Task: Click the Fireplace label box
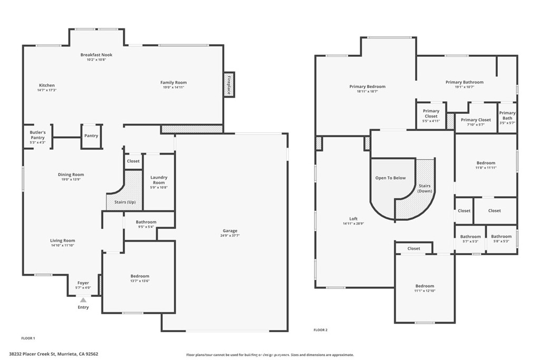coord(229,85)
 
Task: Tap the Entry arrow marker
coord(83,300)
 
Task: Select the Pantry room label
coord(91,135)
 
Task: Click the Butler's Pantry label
coord(37,135)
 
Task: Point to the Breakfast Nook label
coord(96,55)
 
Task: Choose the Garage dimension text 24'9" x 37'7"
coord(230,236)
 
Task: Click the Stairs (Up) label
coord(125,202)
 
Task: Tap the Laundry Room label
coord(159,180)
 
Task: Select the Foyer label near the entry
coord(83,283)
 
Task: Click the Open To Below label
coord(390,178)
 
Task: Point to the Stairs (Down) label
coord(425,188)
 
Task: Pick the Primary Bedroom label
coord(367,86)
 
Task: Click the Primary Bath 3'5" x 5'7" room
coord(507,115)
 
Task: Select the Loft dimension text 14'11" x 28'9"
coord(353,224)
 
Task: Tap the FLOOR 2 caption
coord(321,330)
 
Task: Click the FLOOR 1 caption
coord(28,338)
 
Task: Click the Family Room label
coord(173,82)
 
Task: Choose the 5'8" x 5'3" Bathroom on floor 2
coord(502,239)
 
